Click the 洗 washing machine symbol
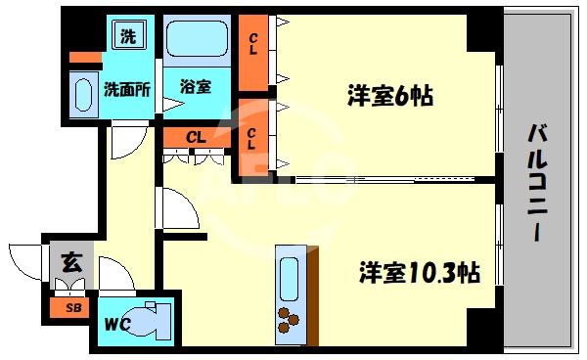tap(128, 38)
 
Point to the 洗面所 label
tap(127, 88)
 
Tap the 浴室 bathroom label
tap(195, 86)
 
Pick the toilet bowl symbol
tap(152, 319)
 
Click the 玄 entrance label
tap(70, 261)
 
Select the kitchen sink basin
tap(290, 277)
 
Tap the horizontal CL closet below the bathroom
tap(196, 138)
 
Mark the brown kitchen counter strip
tap(313, 293)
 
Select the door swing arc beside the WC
tap(115, 274)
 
